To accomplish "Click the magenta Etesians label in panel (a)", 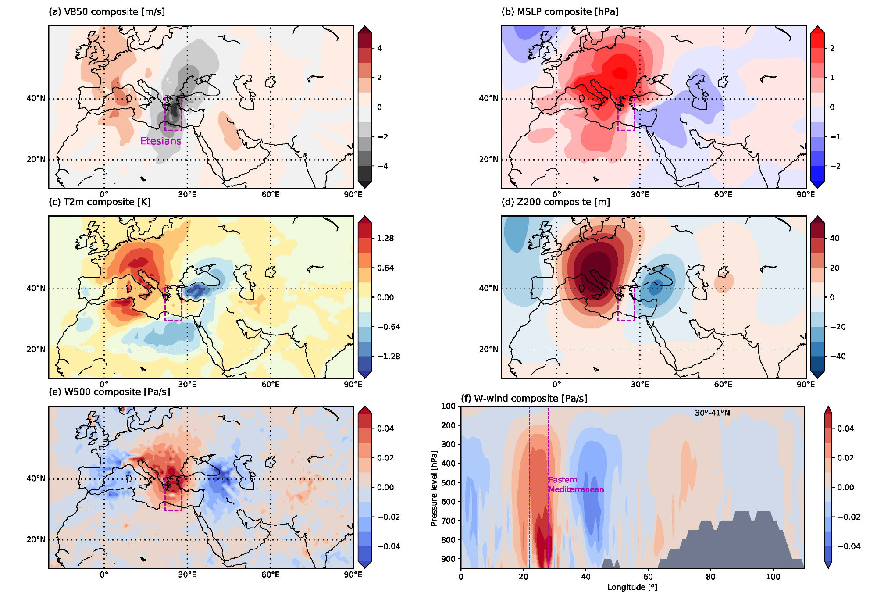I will [x=160, y=141].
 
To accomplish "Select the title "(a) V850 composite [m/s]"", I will [x=107, y=12].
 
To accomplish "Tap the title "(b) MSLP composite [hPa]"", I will [x=560, y=12].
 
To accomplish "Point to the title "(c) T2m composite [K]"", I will [x=99, y=202].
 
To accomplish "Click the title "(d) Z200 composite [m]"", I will [x=556, y=202].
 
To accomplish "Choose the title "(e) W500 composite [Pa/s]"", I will [x=109, y=392].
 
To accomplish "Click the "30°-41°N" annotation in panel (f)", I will [x=712, y=413].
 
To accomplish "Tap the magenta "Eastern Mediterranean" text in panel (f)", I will [x=576, y=485].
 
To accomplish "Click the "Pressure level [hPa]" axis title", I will [x=434, y=488].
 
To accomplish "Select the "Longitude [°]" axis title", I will [x=632, y=587].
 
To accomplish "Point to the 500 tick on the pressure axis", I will [x=449, y=482].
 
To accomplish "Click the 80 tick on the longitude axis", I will [x=710, y=577].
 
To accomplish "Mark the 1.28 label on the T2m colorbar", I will [x=385, y=238].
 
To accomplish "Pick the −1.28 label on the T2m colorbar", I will [x=389, y=357].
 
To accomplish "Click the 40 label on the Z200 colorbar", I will [x=834, y=238].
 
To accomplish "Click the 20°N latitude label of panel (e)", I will [x=36, y=539].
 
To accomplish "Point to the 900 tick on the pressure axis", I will [x=449, y=559].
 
